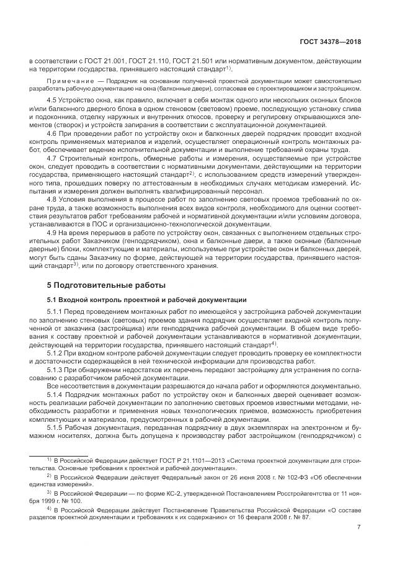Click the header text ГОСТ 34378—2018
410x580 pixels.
pyautogui.click(x=331, y=42)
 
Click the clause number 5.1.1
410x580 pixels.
pyautogui.click(x=56, y=311)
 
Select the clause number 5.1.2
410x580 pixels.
pyautogui.click(x=56, y=352)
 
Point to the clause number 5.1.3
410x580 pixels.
pyautogui.click(x=56, y=368)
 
